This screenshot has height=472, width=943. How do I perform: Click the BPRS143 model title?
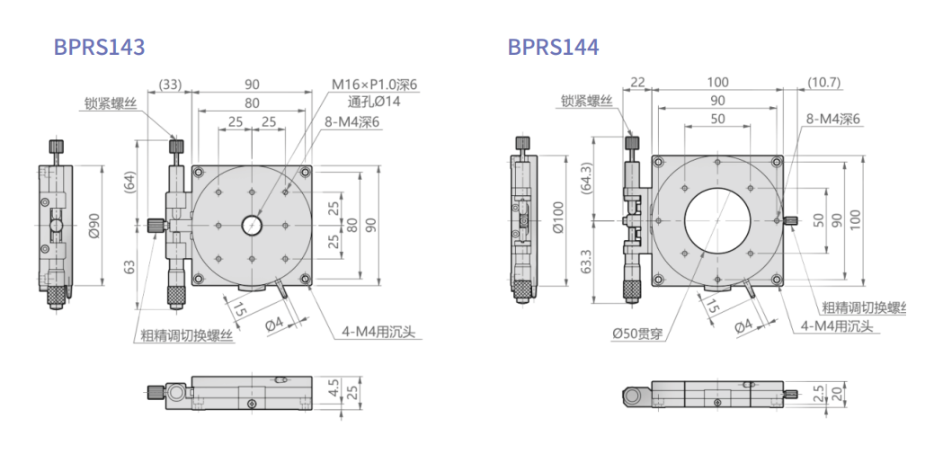coord(99,47)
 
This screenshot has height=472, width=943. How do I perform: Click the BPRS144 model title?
coord(553,47)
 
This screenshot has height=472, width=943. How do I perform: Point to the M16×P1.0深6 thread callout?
coord(374,85)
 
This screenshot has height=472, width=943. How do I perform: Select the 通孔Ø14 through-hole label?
coord(374,101)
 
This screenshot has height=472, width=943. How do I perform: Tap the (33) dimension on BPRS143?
coord(170,85)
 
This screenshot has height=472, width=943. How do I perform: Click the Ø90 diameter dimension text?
coord(93,226)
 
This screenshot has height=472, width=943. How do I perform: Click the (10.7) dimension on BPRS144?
coord(823,83)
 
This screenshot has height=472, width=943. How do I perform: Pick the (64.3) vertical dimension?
coord(587,179)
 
